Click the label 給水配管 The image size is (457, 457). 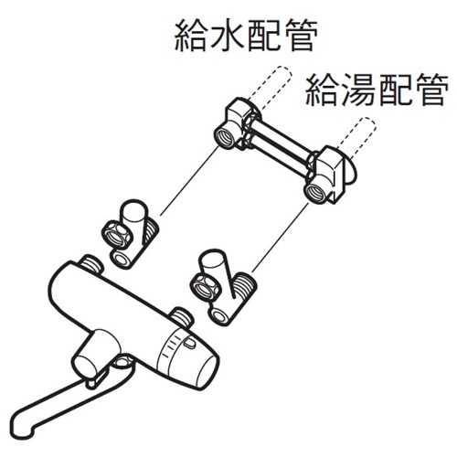(246, 36)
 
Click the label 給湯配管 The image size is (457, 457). (377, 90)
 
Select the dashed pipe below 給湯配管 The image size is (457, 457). (356, 139)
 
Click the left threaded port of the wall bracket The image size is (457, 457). (225, 138)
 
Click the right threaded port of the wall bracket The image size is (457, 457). (315, 192)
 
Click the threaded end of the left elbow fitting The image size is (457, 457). (150, 231)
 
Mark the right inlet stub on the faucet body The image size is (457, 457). (182, 318)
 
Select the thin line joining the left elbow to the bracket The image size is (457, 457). (189, 181)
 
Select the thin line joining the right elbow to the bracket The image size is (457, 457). (281, 237)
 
